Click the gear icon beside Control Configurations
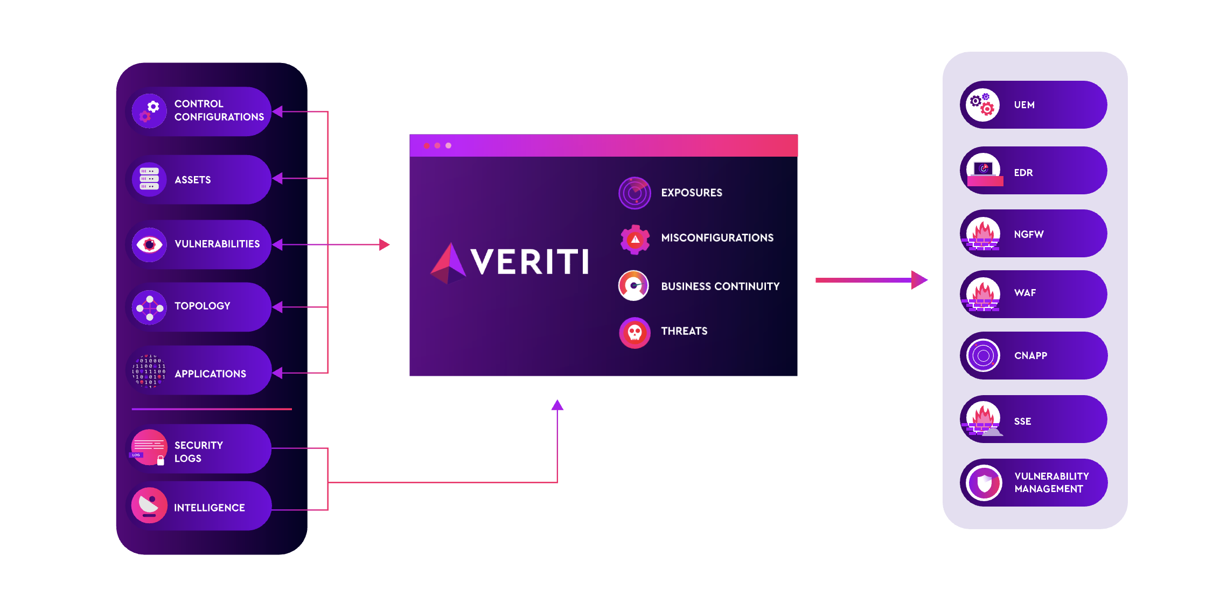tap(149, 110)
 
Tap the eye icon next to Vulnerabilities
tap(149, 244)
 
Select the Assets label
tap(192, 180)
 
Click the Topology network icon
tap(149, 308)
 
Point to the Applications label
tap(210, 374)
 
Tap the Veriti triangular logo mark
tap(448, 263)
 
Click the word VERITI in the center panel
tap(529, 262)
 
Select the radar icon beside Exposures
tap(635, 193)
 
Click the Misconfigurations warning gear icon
tap(635, 239)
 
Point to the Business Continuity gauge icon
tap(634, 285)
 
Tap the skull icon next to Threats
tap(635, 333)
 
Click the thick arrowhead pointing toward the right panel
tap(919, 280)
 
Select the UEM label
tap(1024, 105)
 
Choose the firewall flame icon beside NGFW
tap(983, 234)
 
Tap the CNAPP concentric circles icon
tap(983, 355)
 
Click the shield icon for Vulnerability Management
tap(984, 483)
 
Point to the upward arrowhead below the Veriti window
tap(557, 405)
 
